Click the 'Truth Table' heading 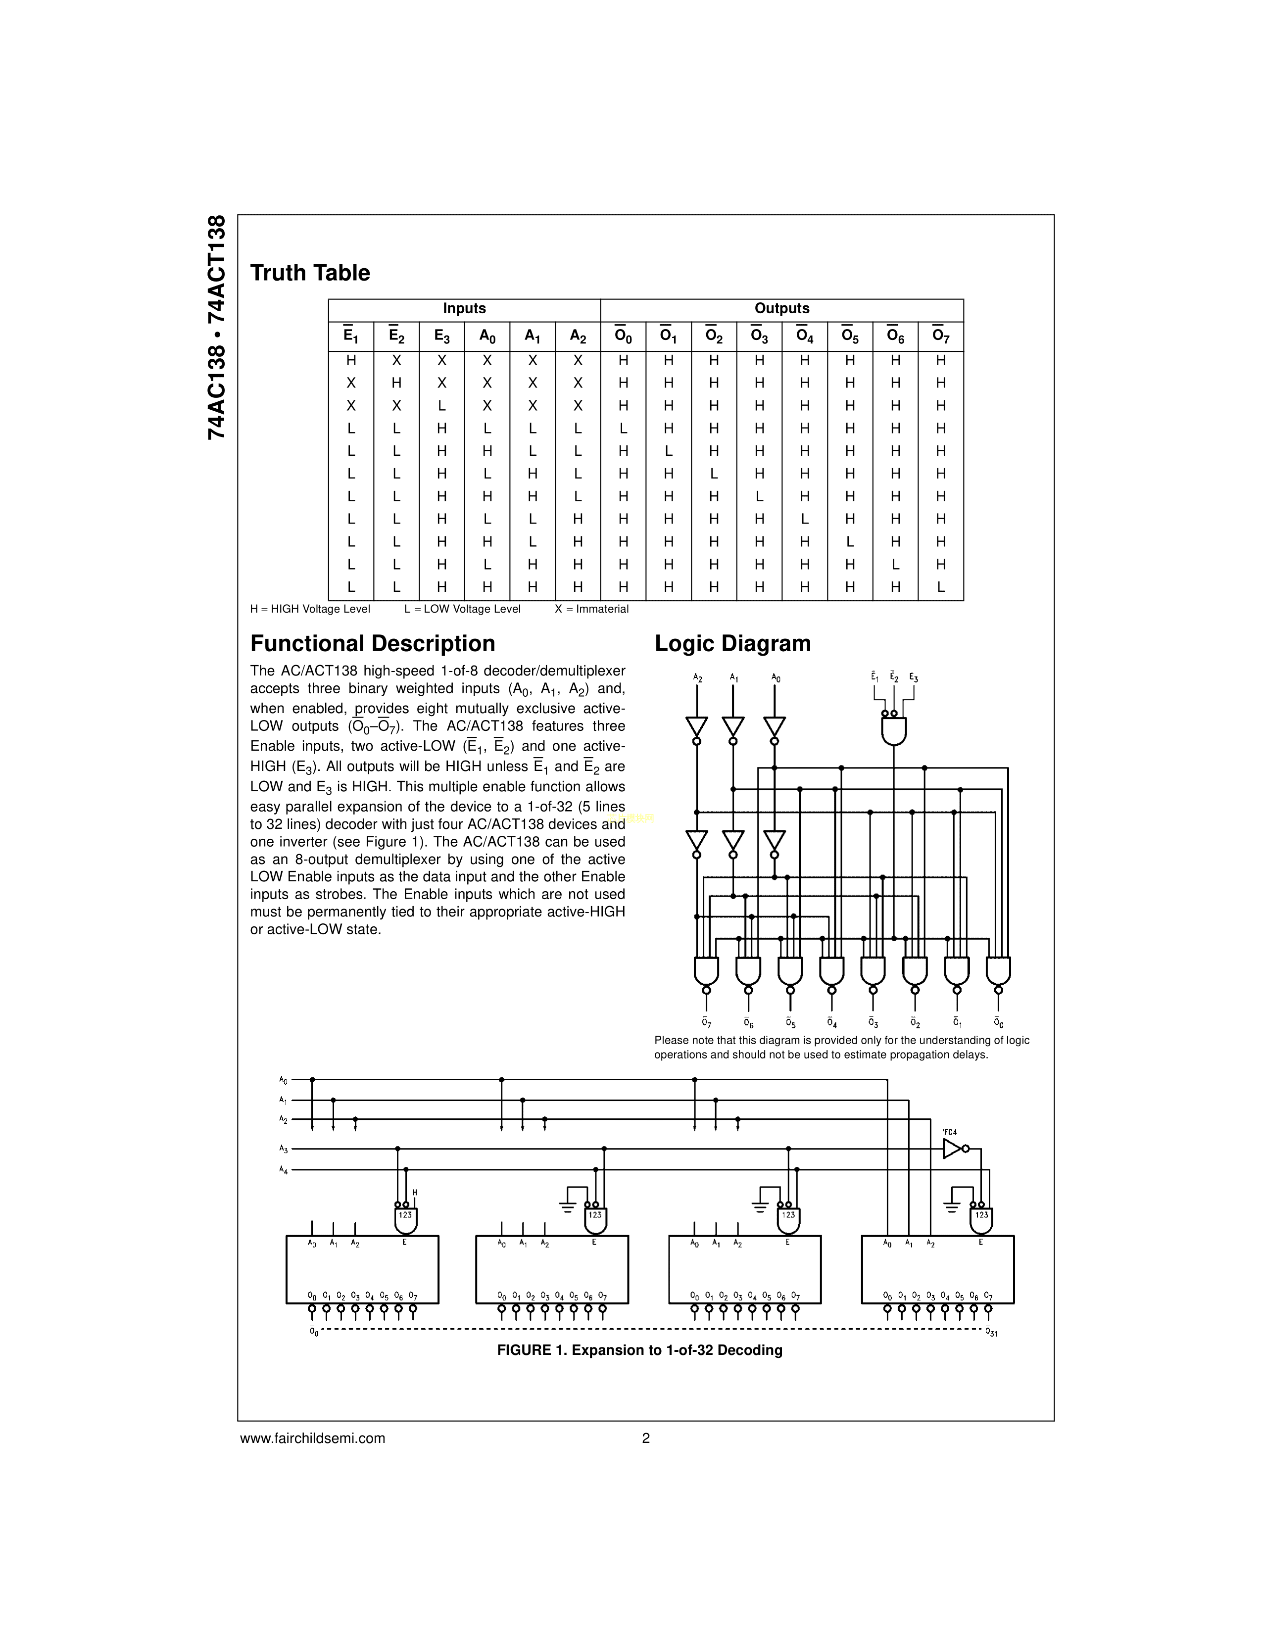(309, 273)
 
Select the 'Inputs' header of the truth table (464, 309)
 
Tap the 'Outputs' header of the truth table (781, 309)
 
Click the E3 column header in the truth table (442, 336)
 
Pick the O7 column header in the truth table (940, 336)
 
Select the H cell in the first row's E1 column (351, 360)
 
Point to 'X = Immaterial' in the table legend (591, 609)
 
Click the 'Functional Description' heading (372, 644)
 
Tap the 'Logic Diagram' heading (732, 644)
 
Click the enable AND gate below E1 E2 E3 (894, 730)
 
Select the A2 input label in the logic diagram (697, 678)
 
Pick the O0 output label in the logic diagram (999, 1022)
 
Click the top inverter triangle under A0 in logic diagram (775, 725)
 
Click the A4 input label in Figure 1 (284, 1169)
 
